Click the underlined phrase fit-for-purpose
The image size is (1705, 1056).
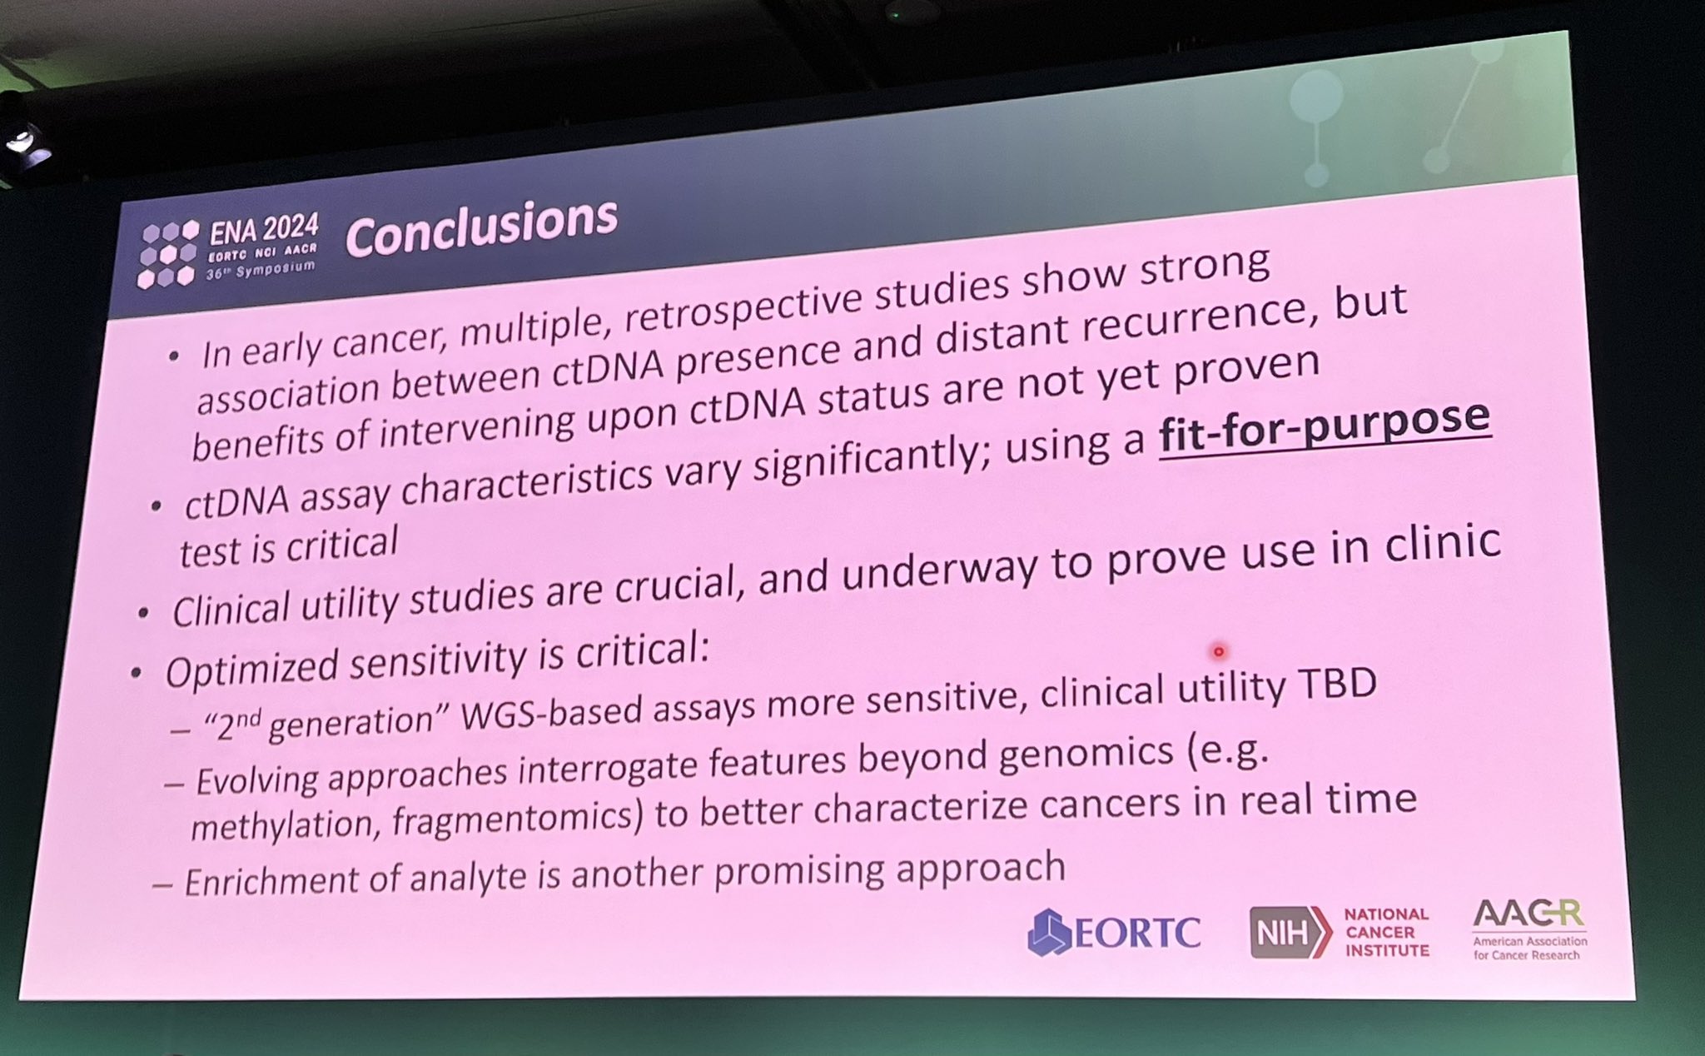(x=1325, y=426)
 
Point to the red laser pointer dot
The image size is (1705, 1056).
(x=1219, y=651)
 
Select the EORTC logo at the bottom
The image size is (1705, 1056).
(x=1114, y=932)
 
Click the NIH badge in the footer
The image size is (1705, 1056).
(x=1290, y=932)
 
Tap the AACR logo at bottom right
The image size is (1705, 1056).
(x=1529, y=929)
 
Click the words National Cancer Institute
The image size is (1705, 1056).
(x=1387, y=932)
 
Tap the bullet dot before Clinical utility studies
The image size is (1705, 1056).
(x=143, y=613)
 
